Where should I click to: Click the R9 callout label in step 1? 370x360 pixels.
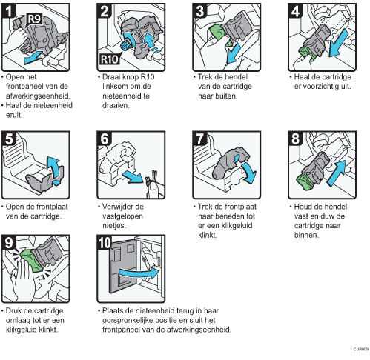tap(34, 19)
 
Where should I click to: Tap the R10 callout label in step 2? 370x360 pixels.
tap(109, 59)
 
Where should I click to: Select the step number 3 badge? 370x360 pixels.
tap(199, 11)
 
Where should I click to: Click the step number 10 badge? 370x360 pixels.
tap(105, 242)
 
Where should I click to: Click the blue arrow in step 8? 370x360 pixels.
tap(337, 173)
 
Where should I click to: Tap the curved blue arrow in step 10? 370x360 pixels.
tap(139, 273)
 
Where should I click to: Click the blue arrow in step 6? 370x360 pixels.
tap(133, 176)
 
